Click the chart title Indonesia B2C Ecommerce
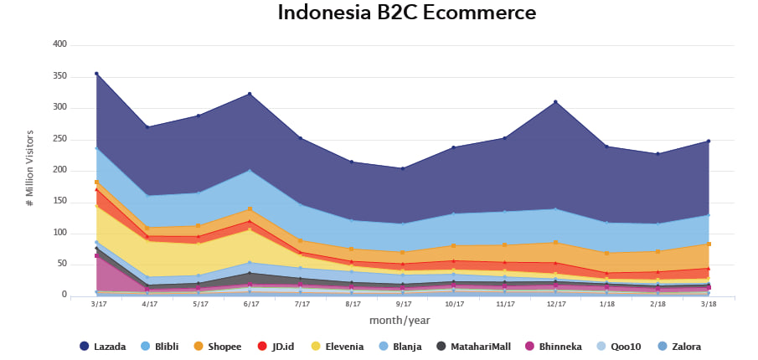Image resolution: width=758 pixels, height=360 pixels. coord(406,13)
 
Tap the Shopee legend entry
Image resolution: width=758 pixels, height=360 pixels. coord(216,347)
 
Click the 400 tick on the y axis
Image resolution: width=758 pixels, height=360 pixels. coord(60,44)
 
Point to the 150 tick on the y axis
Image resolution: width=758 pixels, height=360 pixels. coord(60,202)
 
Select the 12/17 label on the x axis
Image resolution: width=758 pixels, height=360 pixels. coord(554,305)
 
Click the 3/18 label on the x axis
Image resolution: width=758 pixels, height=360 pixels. coord(708,305)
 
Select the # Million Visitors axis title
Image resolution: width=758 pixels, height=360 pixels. coord(29,168)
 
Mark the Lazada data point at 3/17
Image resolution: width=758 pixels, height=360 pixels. coord(97,74)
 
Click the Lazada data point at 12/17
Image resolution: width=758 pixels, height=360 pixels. coord(554,102)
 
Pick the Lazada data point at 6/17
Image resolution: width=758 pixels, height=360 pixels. coord(250,94)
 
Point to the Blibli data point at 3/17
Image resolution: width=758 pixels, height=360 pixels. coord(97,148)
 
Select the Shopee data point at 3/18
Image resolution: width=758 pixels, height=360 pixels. coord(708,244)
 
